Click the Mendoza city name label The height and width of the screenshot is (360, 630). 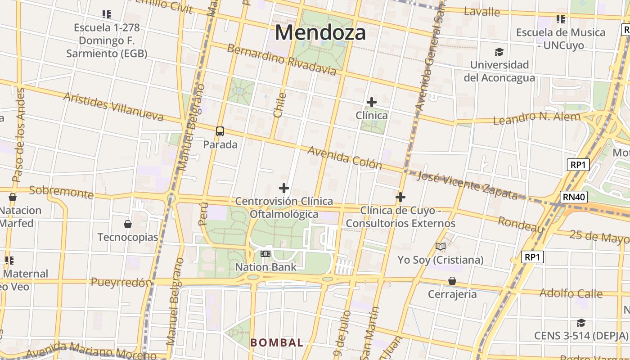(320, 33)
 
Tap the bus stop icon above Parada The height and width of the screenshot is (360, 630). (220, 131)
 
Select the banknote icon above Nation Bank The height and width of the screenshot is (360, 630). (265, 254)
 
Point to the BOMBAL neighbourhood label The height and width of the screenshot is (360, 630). (277, 342)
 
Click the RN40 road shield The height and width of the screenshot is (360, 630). (574, 197)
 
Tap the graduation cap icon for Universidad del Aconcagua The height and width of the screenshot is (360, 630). (499, 52)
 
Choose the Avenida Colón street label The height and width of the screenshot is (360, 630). (345, 157)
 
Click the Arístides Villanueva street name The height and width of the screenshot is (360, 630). (113, 107)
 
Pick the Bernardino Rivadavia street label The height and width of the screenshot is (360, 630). (281, 59)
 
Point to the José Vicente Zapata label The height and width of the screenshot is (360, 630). (468, 184)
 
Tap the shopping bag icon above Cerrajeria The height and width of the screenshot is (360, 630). (452, 281)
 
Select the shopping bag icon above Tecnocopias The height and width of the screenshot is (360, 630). (128, 224)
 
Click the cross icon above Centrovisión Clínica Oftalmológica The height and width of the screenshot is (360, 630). (284, 188)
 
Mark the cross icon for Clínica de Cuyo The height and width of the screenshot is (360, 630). (400, 197)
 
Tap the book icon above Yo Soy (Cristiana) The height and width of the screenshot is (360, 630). (440, 246)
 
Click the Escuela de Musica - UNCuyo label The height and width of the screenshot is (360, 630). (560, 39)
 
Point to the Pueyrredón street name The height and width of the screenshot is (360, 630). (121, 283)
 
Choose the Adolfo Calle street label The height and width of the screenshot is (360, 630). (571, 293)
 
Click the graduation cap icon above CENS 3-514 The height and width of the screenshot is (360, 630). (581, 323)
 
